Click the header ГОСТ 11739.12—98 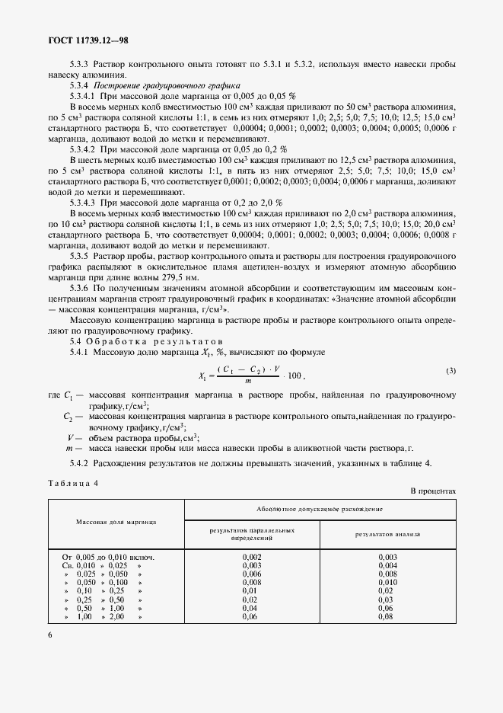[90, 40]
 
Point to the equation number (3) [450, 371]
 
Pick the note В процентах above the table [433, 492]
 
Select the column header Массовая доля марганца [116, 522]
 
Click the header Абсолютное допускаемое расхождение [320, 507]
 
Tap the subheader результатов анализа [387, 534]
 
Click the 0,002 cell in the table [252, 557]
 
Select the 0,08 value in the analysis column [387, 616]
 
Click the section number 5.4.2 [80, 463]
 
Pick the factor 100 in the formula [294, 375]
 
